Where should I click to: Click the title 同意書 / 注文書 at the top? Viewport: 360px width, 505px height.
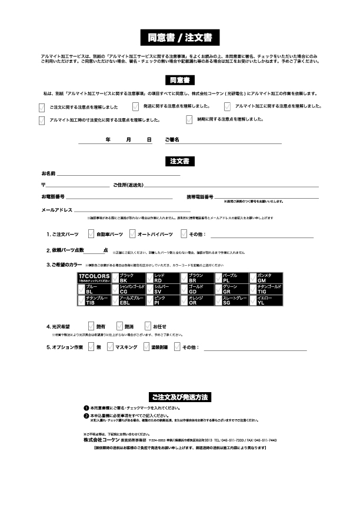pos(180,38)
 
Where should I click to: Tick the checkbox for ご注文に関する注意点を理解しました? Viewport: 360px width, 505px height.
pos(41,107)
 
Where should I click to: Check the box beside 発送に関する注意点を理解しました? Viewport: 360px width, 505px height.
pos(135,106)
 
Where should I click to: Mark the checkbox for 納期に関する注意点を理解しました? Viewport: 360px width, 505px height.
pos(189,119)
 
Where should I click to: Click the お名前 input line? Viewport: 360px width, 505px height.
pos(118,174)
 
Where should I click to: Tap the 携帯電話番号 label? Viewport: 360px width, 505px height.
pos(200,196)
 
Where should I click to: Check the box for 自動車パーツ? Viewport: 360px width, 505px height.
pos(91,234)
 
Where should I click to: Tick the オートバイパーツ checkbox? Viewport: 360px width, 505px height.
pos(132,234)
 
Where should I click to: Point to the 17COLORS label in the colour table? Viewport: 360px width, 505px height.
pos(94,277)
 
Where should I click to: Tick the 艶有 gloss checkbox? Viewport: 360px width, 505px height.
pos(91,326)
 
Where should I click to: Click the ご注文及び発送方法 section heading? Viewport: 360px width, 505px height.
pos(180,397)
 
